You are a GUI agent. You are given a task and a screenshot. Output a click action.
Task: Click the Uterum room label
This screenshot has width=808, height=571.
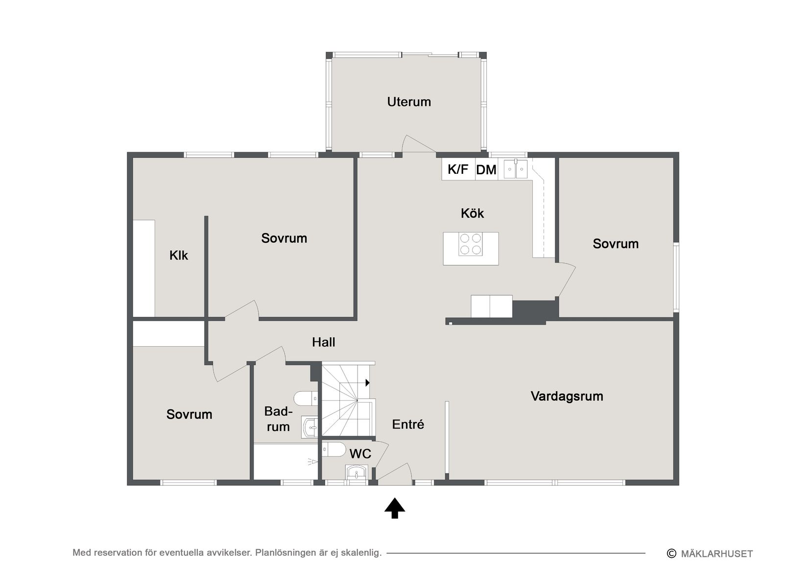(x=409, y=102)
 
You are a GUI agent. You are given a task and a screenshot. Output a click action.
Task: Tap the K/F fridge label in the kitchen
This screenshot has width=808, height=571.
(x=458, y=169)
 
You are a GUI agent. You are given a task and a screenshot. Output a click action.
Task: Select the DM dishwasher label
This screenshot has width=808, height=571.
(x=486, y=170)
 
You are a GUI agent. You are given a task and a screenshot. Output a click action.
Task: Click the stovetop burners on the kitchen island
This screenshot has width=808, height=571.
(x=471, y=244)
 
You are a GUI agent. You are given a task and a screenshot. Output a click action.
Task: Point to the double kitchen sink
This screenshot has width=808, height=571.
(x=516, y=169)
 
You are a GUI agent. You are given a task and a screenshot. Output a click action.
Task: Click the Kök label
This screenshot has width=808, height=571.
(x=472, y=214)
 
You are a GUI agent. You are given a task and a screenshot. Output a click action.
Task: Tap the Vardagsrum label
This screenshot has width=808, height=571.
(x=567, y=396)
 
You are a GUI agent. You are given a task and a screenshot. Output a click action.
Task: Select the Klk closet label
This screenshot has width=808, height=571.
(x=179, y=255)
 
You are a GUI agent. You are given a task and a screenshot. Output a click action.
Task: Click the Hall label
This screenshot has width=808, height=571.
(x=323, y=342)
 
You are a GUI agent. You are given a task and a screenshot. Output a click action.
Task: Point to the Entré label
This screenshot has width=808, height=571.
(x=408, y=424)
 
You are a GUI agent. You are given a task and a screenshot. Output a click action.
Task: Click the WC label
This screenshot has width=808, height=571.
(x=360, y=454)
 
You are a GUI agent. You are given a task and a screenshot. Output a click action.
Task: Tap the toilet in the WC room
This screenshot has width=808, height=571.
(x=333, y=450)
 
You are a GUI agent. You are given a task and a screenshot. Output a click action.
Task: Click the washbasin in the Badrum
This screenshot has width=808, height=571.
(x=309, y=428)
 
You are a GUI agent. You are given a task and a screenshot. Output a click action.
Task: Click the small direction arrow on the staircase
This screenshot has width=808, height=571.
(x=367, y=383)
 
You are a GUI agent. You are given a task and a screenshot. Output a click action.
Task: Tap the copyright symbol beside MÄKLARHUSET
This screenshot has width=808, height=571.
(x=671, y=553)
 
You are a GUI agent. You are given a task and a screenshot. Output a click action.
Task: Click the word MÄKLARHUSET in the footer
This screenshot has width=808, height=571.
(x=717, y=554)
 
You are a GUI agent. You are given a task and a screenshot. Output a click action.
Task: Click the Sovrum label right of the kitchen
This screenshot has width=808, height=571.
(x=616, y=244)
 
